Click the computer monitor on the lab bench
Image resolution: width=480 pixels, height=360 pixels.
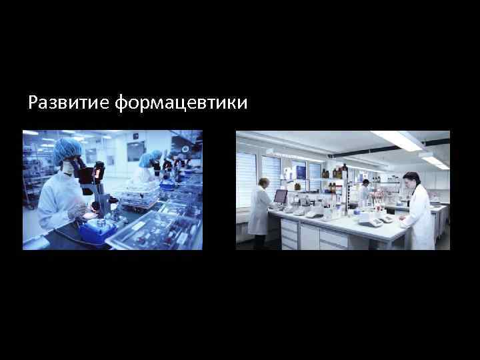point(281,196)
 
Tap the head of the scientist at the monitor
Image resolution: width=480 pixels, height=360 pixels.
point(265,183)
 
